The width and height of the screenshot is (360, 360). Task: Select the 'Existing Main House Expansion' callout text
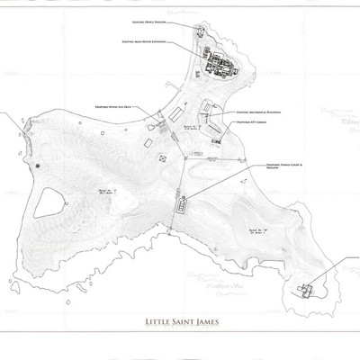coord(147,42)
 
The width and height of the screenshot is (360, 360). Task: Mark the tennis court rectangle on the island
coord(184,207)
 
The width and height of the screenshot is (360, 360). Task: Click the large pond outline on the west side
coord(50,202)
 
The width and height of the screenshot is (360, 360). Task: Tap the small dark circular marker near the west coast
coord(37,166)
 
